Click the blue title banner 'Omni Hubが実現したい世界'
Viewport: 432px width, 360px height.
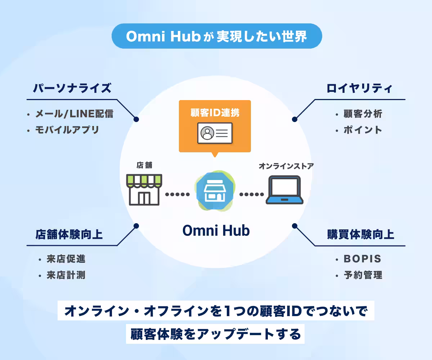pos(217,36)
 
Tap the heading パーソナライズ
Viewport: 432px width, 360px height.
pos(72,88)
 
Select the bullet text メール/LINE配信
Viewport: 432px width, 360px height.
pos(74,114)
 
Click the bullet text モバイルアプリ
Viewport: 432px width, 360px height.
pos(67,130)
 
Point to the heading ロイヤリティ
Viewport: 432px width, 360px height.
pos(359,88)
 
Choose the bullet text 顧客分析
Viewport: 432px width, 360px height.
pos(363,114)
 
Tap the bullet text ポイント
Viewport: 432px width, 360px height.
pos(363,130)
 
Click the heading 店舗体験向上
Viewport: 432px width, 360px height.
pos(69,234)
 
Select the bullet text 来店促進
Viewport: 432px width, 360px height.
pos(66,259)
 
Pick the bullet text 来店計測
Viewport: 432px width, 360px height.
pos(66,275)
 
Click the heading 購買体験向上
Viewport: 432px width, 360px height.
pos(361,234)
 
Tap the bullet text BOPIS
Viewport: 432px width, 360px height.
pos(362,259)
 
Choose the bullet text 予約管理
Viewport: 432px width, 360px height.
pos(363,275)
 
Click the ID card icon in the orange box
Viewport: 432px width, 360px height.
pos(215,133)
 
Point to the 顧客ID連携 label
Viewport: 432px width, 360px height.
pos(215,113)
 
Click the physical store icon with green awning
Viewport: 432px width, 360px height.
pos(144,189)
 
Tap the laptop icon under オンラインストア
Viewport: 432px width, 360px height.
pos(284,190)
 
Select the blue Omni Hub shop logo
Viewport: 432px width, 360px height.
pos(215,191)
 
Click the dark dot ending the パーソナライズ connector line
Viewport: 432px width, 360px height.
pos(136,120)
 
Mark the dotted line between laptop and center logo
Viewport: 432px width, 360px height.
pos(252,194)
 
